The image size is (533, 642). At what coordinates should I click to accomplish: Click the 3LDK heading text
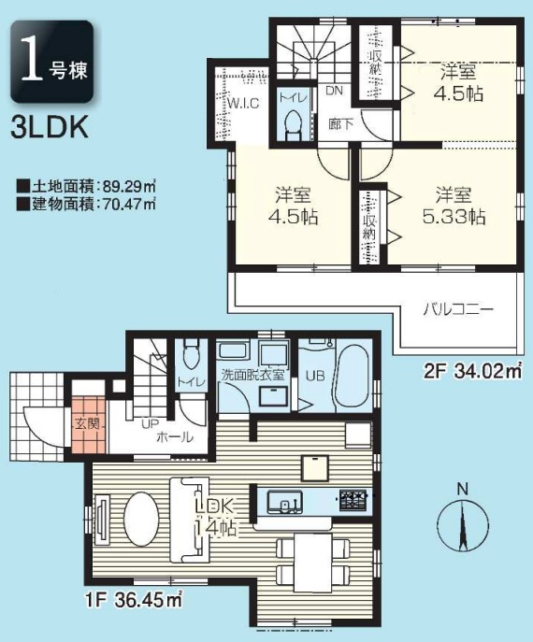(x=50, y=128)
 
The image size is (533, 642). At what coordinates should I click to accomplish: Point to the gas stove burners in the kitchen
(x=353, y=500)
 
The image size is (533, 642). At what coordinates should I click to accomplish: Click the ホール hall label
(x=174, y=437)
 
